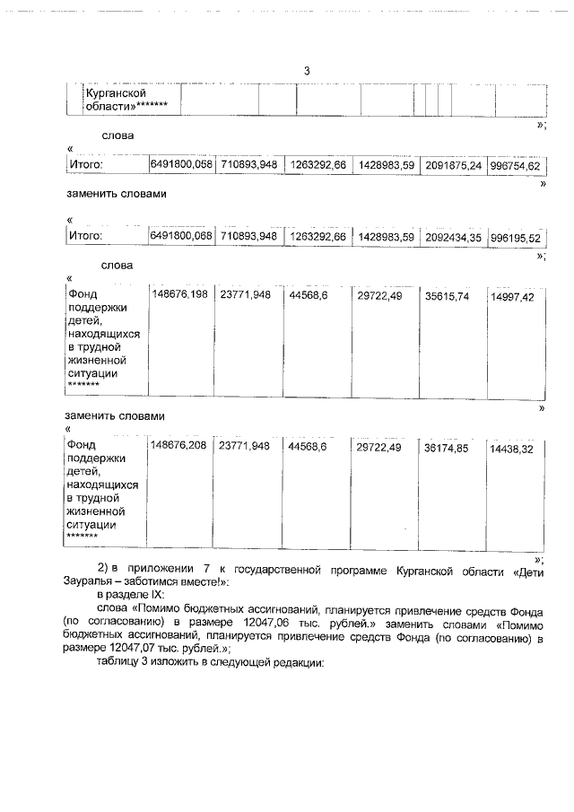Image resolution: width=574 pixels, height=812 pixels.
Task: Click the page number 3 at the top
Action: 307,71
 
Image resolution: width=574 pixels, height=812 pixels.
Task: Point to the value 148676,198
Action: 180,293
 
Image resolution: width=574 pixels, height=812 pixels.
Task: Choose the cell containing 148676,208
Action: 180,445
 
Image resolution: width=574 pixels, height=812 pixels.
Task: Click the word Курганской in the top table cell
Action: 115,92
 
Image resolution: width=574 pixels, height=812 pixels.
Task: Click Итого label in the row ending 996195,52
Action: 86,236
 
